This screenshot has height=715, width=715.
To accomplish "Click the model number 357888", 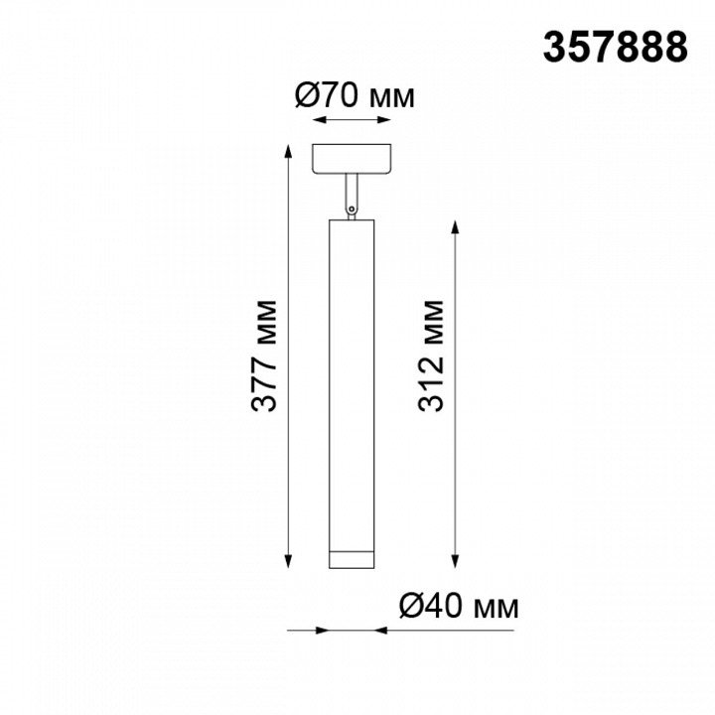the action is tap(615, 48).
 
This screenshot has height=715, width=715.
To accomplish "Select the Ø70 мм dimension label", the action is tap(356, 96).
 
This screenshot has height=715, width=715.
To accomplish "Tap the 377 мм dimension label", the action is tap(264, 357).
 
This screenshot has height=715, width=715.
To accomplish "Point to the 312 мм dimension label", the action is tap(431, 357).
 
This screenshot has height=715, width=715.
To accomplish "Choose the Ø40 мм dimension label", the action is tap(459, 606).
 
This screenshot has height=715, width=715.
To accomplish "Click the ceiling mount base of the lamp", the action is tap(352, 159).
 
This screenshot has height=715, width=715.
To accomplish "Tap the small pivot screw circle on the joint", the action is tap(352, 210).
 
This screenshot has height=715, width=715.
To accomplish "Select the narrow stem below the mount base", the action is tap(352, 191).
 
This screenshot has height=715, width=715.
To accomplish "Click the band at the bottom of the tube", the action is tap(352, 560).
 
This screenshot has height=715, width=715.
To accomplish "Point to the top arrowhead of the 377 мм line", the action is tap(288, 151).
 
